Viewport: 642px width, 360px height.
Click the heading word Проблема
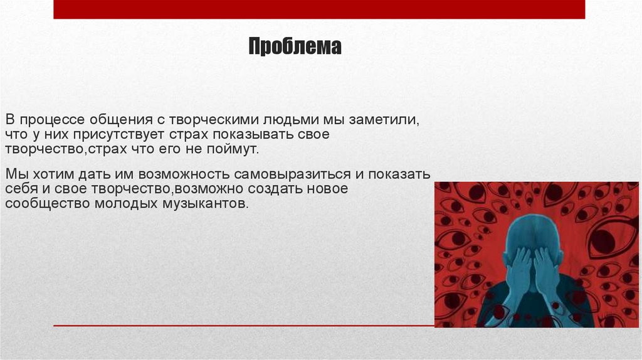pyautogui.click(x=295, y=47)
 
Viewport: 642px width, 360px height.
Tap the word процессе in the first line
pyautogui.click(x=51, y=119)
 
